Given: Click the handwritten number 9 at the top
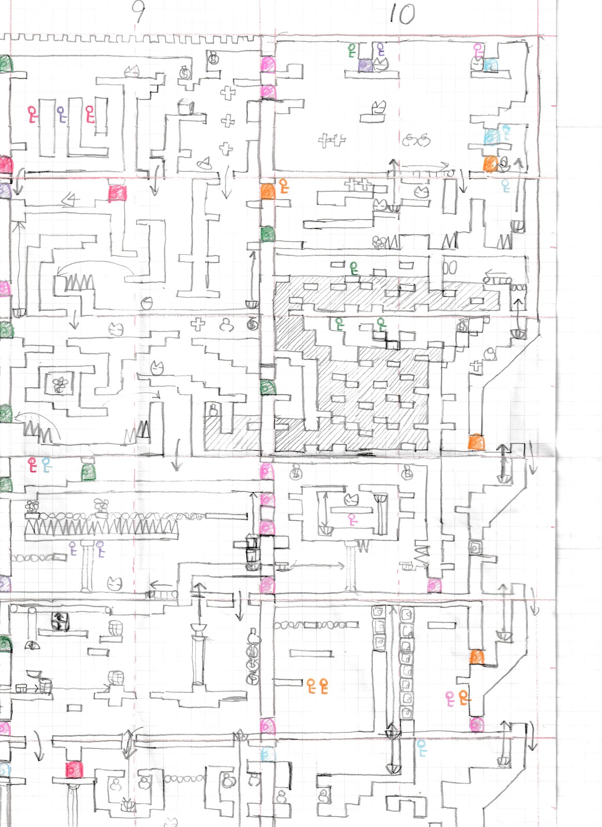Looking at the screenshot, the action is [138, 14].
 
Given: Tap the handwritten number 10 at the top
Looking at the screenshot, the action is [403, 14].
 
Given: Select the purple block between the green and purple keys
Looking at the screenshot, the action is [365, 65].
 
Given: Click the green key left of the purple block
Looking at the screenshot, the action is [352, 50].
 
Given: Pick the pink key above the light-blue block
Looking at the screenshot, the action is [478, 50].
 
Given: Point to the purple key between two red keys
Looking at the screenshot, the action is [61, 114].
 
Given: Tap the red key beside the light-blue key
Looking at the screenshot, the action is [33, 465].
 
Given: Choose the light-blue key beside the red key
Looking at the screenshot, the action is [47, 465].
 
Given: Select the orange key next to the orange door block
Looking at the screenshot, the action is [284, 186].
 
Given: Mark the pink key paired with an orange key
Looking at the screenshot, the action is [450, 699].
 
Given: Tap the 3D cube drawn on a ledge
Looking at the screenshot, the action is [186, 106].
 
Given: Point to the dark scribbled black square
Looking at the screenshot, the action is [59, 621].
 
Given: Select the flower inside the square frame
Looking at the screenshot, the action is [59, 385].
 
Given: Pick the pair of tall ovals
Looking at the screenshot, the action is [450, 268].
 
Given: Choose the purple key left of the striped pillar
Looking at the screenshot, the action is [73, 548].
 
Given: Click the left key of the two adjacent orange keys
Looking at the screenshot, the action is [311, 685].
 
